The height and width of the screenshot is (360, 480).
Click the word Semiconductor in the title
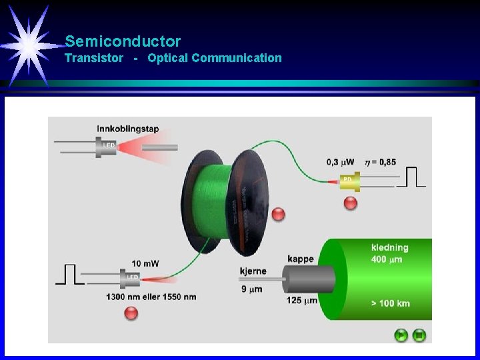pyautogui.click(x=123, y=41)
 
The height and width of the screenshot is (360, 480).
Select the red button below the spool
pyautogui.click(x=279, y=214)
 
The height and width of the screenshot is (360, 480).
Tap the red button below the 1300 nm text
pyautogui.click(x=131, y=313)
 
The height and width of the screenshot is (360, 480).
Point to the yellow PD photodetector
pyautogui.click(x=349, y=181)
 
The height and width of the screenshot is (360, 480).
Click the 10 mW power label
pyautogui.click(x=145, y=263)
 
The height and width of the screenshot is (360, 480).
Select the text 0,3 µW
pyautogui.click(x=340, y=162)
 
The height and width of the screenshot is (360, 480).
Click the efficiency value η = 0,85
pyautogui.click(x=380, y=162)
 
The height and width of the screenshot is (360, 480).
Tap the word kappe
pyautogui.click(x=301, y=259)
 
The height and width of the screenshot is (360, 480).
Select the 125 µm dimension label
pyautogui.click(x=302, y=301)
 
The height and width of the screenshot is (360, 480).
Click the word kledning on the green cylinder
pyautogui.click(x=390, y=247)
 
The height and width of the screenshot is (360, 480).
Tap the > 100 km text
pyautogui.click(x=391, y=303)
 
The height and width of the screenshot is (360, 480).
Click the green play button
pyautogui.click(x=401, y=335)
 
